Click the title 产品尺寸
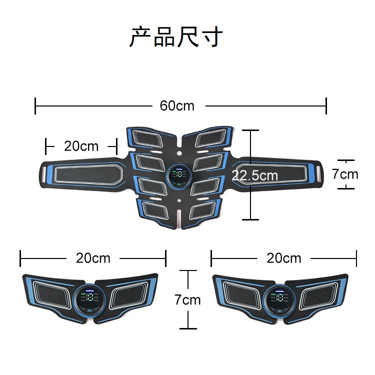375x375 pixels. (x=176, y=37)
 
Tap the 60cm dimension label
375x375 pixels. (x=177, y=106)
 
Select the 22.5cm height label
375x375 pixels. (x=254, y=175)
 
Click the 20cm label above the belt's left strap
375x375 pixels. (x=81, y=146)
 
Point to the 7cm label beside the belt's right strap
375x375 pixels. (x=345, y=174)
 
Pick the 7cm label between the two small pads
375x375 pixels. (x=187, y=299)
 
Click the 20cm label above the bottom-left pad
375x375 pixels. (x=93, y=258)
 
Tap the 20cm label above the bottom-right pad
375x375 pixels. (x=284, y=258)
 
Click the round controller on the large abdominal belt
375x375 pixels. (x=178, y=176)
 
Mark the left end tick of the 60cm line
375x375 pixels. (x=35, y=106)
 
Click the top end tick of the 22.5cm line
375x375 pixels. (x=250, y=130)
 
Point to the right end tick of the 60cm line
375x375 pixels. (x=326, y=106)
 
